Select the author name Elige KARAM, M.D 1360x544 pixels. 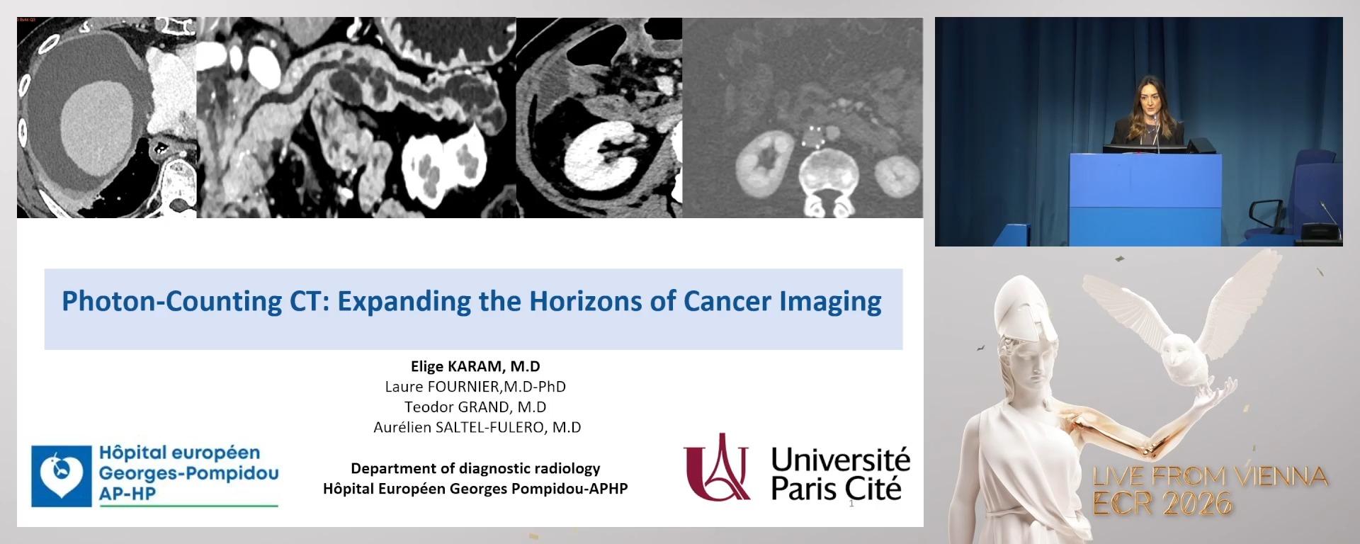click(x=475, y=366)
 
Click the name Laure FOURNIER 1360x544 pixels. click(x=443, y=387)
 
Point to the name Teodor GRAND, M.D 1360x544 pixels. click(x=475, y=407)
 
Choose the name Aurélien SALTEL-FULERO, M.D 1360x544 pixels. click(x=477, y=427)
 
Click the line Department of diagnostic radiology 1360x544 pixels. click(x=475, y=468)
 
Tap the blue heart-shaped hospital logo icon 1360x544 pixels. click(x=62, y=475)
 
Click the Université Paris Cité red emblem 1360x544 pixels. click(x=717, y=468)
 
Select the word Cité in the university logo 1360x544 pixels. click(x=875, y=489)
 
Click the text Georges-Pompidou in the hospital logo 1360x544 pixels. click(x=188, y=473)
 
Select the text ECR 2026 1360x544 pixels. click(x=1162, y=504)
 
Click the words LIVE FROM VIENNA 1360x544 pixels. click(x=1210, y=476)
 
